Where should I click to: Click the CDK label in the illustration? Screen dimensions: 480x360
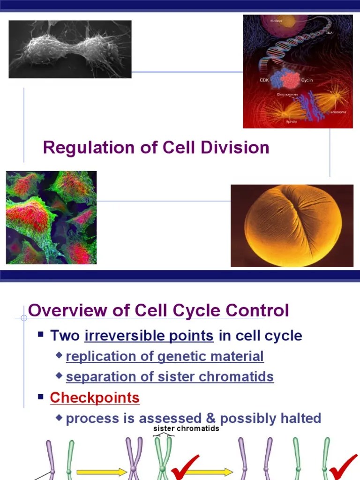(x=265, y=80)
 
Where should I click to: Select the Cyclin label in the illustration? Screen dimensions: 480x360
(x=307, y=80)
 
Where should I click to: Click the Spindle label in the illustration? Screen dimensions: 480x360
(x=292, y=121)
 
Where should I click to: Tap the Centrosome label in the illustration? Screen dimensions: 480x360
(x=337, y=112)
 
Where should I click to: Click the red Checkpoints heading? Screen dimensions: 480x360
(x=95, y=397)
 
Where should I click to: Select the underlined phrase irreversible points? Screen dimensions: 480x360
(x=149, y=336)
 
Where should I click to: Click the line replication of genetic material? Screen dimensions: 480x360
(x=165, y=356)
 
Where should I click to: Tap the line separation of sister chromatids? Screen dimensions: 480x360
(x=170, y=377)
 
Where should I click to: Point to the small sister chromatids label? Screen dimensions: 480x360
(x=186, y=428)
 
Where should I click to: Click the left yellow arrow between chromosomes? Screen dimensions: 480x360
(x=101, y=472)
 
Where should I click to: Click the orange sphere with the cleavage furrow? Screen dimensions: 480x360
(x=292, y=225)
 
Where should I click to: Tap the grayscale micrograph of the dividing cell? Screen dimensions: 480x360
(x=70, y=49)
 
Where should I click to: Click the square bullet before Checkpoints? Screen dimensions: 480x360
(x=41, y=397)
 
